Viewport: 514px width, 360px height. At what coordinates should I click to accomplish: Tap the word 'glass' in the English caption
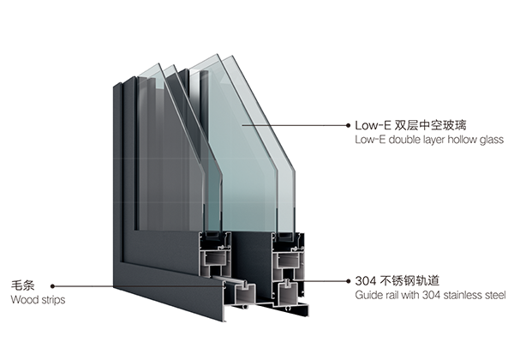[x=492, y=141]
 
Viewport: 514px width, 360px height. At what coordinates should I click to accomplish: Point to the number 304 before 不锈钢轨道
[x=366, y=281]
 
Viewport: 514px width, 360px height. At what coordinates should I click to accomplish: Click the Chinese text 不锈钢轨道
[x=409, y=280]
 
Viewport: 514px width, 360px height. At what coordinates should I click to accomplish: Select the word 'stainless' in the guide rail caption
[x=458, y=295]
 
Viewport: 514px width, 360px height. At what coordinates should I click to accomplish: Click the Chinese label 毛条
[x=23, y=285]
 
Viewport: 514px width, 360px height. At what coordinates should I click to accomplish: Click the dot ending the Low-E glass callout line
[x=348, y=125]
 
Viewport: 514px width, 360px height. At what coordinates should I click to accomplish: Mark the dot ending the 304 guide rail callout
[x=348, y=281]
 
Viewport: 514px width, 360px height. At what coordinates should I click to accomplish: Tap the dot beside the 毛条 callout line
[x=52, y=286]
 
